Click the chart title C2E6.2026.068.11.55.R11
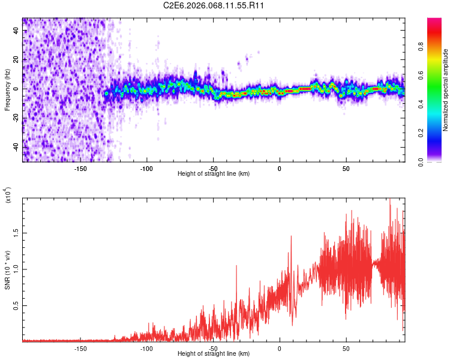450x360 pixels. pyautogui.click(x=214, y=5)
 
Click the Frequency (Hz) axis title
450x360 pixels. pyautogui.click(x=7, y=90)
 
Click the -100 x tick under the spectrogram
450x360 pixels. pyautogui.click(x=146, y=169)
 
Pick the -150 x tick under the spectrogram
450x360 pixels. pyautogui.click(x=80, y=169)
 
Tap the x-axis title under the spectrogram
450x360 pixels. pyautogui.click(x=214, y=174)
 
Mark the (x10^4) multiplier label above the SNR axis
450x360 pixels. pyautogui.click(x=8, y=196)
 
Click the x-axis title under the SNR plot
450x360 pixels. pyautogui.click(x=214, y=354)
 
